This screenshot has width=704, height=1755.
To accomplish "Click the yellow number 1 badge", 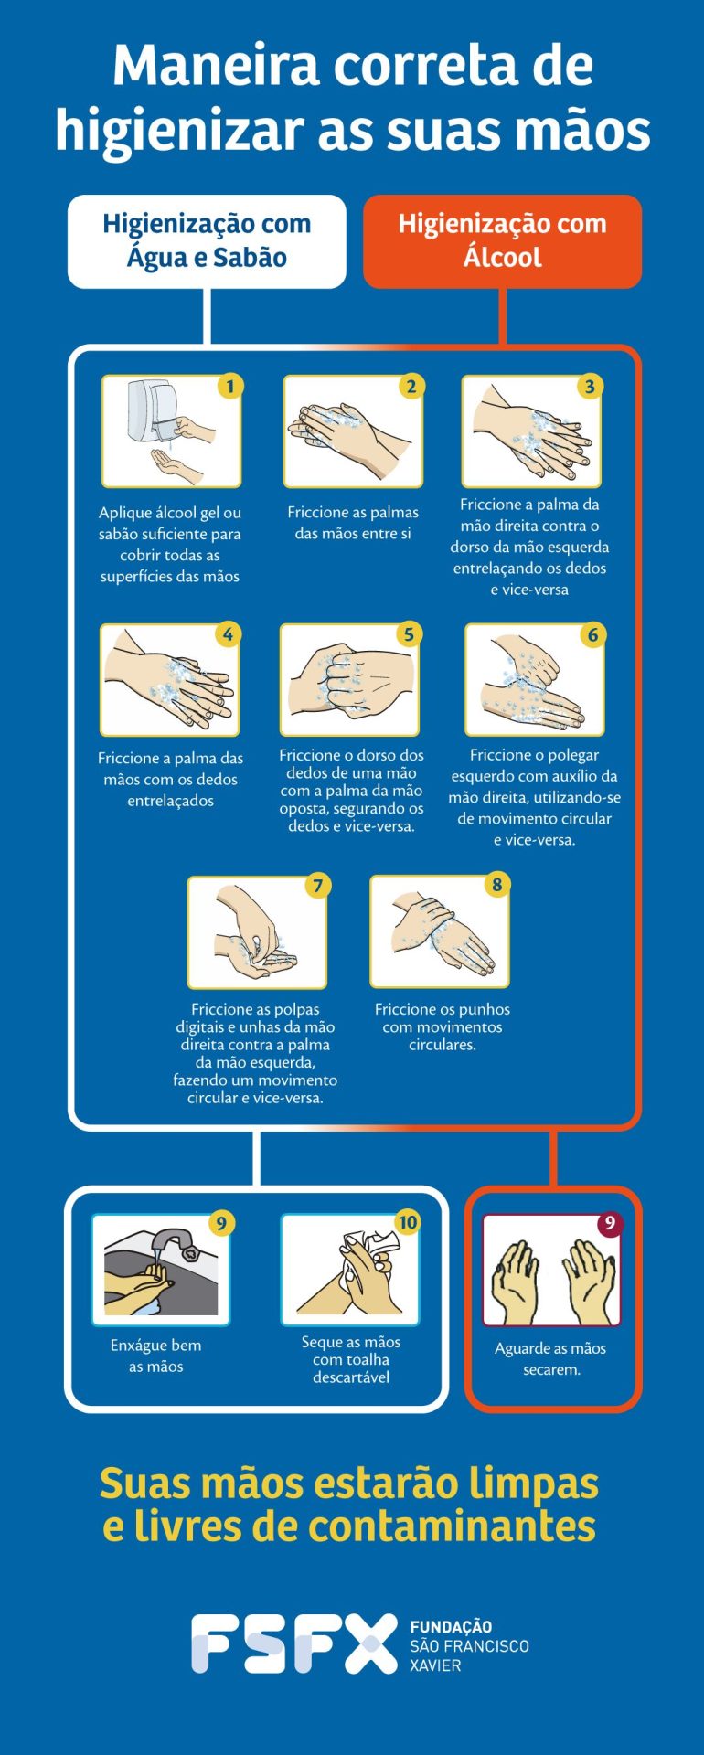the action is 230,386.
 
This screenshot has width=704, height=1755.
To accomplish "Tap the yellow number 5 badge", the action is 409,634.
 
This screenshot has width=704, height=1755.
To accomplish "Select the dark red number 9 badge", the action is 610,1223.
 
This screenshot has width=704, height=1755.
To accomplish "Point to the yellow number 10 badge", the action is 408,1222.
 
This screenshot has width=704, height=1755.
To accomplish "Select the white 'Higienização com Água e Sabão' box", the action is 207,241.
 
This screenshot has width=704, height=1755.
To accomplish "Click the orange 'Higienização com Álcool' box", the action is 502,241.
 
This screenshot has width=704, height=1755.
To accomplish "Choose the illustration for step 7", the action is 257,932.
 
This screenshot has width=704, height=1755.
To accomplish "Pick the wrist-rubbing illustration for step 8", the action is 440,931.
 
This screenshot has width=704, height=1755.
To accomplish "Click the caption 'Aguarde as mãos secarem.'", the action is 550,1359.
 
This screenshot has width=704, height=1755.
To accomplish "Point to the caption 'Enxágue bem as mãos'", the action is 156,1356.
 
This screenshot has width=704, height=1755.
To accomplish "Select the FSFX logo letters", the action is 294,1643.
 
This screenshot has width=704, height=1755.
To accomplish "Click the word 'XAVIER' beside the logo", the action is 436,1665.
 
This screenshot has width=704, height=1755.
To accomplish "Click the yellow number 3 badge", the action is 590,386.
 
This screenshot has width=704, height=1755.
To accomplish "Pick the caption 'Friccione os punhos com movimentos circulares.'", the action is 443,1026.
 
